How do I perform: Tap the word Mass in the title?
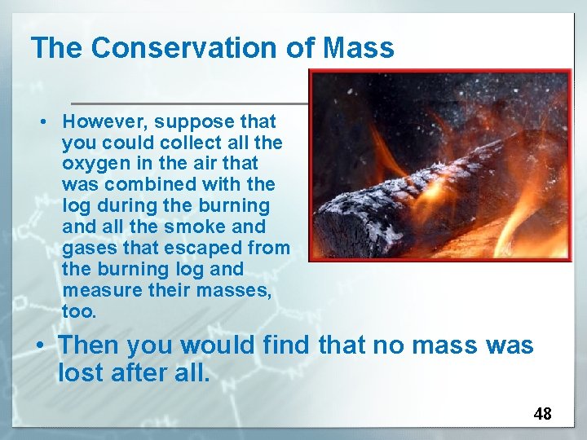358,48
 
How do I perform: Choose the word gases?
88,249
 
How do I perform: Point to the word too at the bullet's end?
78,312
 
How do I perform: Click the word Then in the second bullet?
89,345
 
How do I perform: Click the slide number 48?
542,414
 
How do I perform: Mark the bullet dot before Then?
40,346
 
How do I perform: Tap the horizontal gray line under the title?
188,103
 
